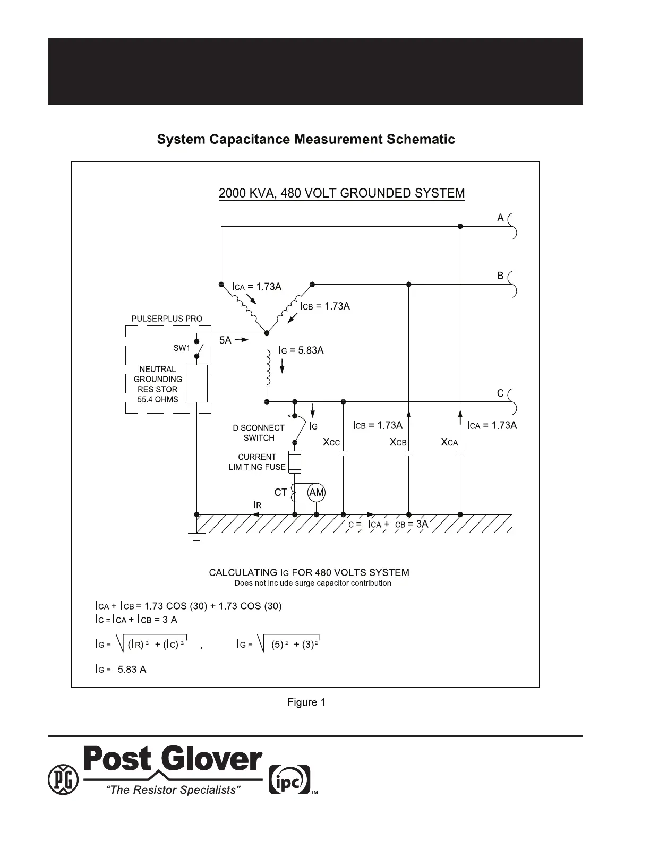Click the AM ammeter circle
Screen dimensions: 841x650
[x=317, y=493]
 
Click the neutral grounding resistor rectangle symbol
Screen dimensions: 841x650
[x=196, y=383]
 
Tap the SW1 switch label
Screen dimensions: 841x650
[x=182, y=348]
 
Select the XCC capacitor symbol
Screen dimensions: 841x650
[x=343, y=454]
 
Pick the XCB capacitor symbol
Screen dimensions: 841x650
[x=408, y=454]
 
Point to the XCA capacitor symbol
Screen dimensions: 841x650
[x=460, y=454]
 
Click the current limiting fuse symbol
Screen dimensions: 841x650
[x=294, y=461]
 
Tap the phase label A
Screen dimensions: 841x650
[x=500, y=218]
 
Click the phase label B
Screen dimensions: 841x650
[x=500, y=276]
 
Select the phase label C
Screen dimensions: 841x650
[x=500, y=393]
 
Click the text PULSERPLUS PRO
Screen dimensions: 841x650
[x=167, y=319]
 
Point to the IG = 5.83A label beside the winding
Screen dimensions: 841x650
[x=301, y=350]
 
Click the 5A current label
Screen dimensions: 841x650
[x=226, y=340]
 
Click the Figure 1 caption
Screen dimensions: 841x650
[x=306, y=702]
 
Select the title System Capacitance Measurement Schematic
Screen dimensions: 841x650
[x=306, y=139]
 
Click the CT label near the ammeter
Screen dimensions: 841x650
[x=280, y=493]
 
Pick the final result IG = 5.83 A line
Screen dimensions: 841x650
[x=121, y=669]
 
